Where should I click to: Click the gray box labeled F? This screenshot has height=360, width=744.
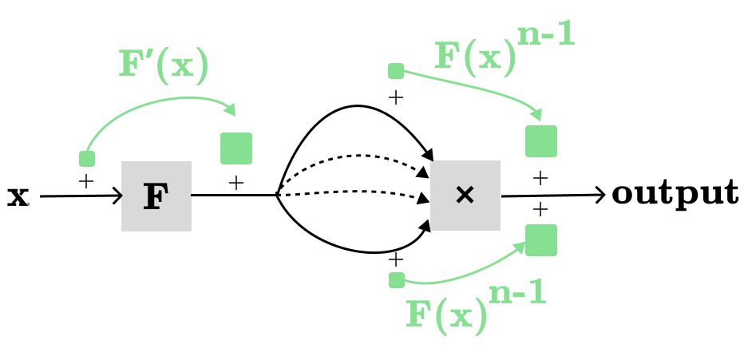[156, 196]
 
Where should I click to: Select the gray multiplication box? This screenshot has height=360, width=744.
[465, 196]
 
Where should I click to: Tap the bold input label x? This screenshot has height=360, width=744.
[18, 196]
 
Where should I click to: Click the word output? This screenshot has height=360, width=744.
[675, 193]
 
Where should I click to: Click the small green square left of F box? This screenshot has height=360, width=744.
[87, 158]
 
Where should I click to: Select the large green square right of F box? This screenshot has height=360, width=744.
[236, 148]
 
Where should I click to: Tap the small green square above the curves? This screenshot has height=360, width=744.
[396, 72]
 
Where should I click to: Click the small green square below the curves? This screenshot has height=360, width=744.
[396, 279]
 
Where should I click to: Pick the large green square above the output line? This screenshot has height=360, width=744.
[541, 141]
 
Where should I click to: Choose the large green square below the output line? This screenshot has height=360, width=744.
[541, 240]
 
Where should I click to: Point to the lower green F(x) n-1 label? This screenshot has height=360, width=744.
[476, 307]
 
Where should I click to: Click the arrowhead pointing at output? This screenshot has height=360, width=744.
[600, 194]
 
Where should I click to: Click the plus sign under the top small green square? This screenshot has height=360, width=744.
[395, 98]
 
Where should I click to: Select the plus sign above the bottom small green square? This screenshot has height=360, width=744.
[395, 260]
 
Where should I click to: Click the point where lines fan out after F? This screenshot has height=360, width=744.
[276, 194]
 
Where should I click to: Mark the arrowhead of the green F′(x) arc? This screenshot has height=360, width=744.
[232, 110]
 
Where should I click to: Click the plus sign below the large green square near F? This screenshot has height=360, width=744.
[235, 183]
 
